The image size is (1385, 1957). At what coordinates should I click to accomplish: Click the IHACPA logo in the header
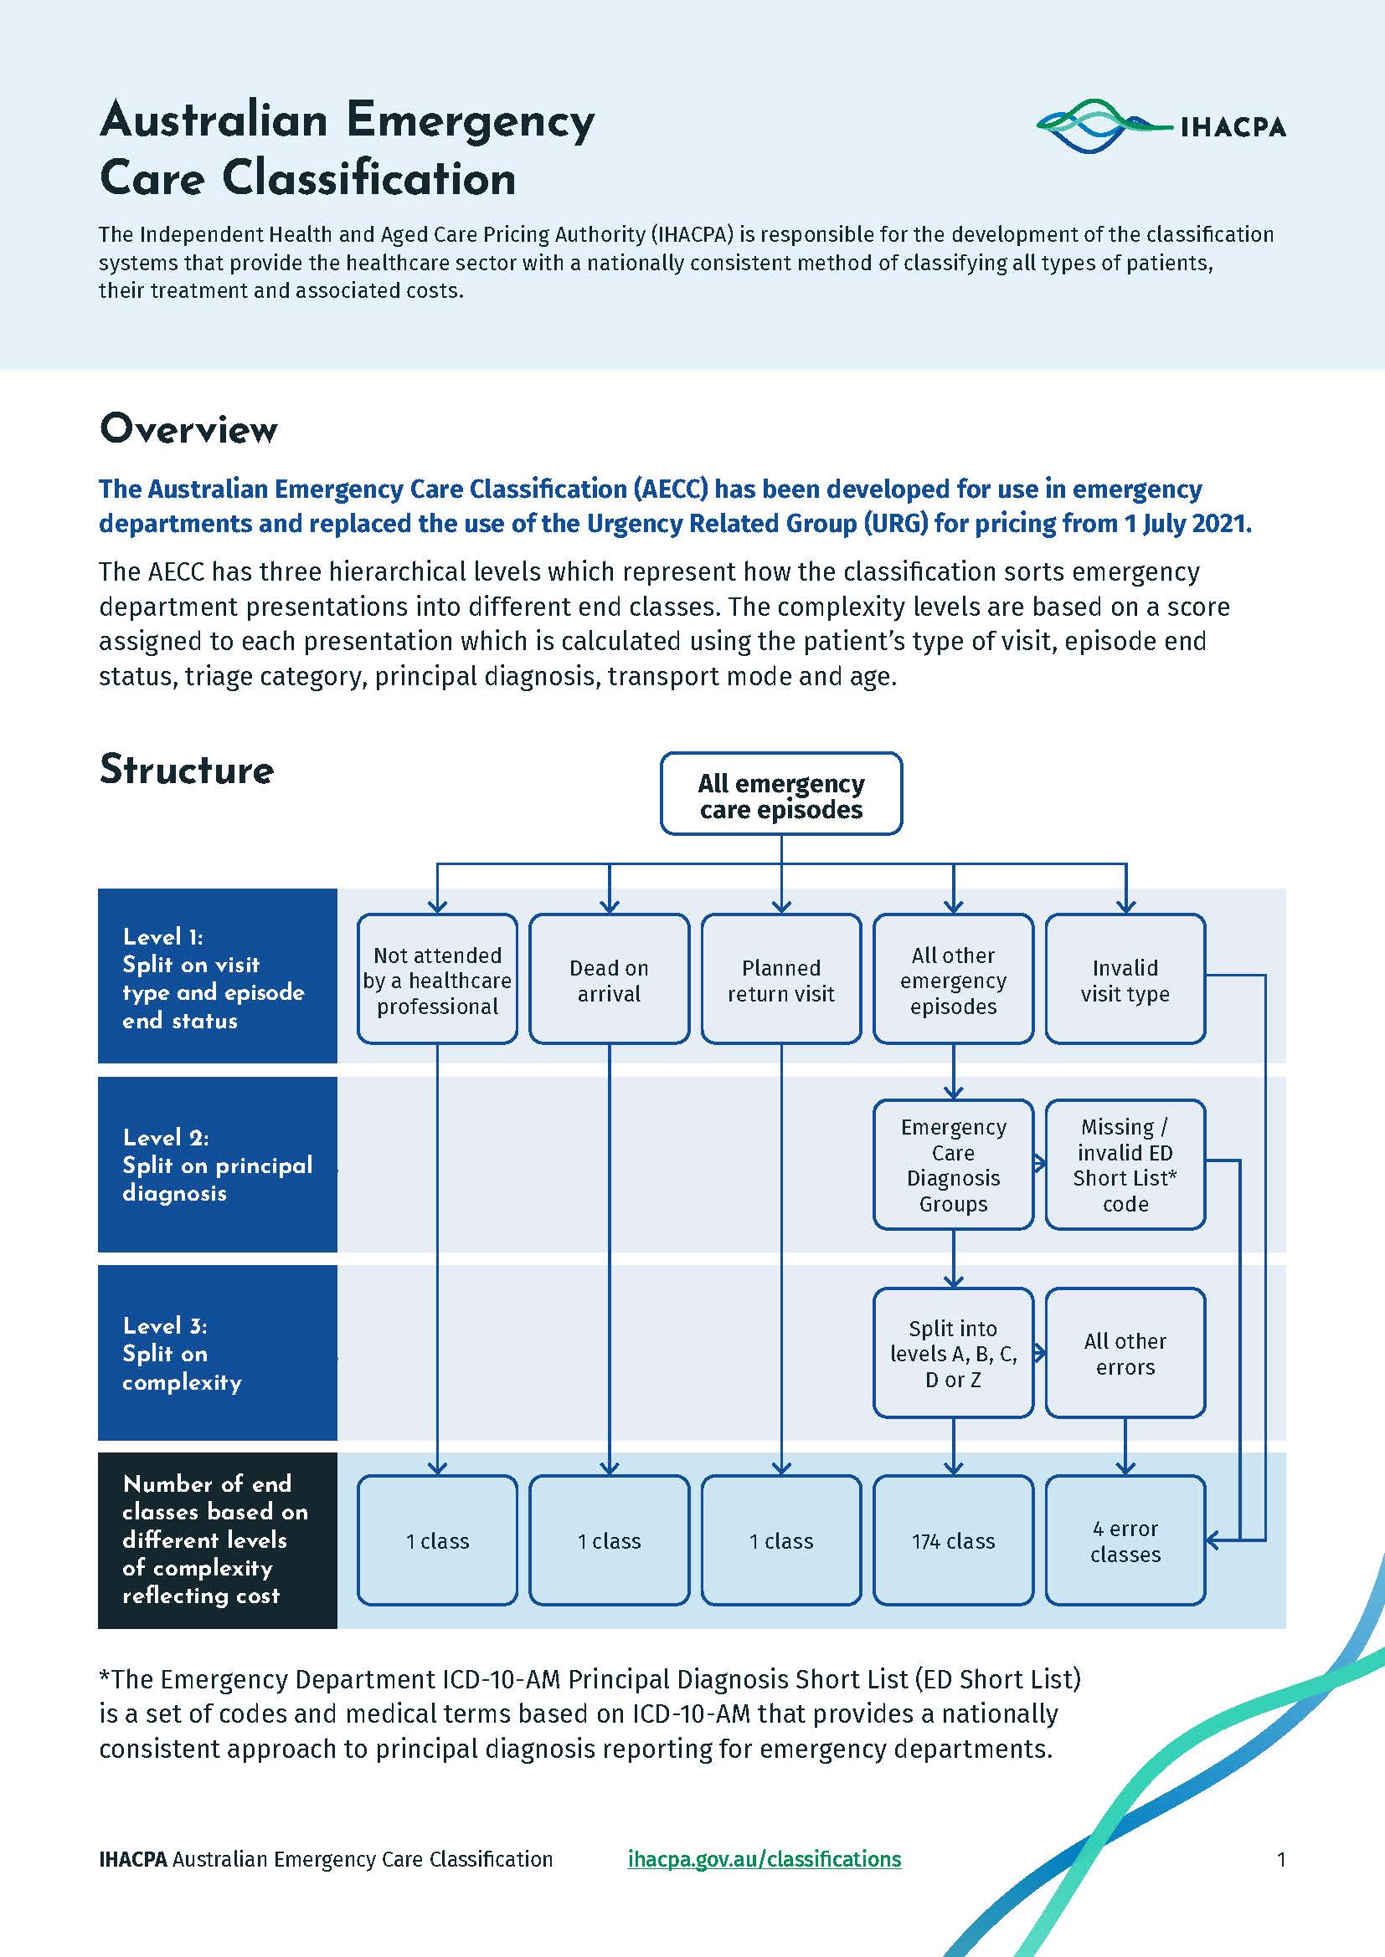pos(1161,126)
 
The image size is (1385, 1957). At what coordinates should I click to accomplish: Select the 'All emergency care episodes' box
pos(781,793)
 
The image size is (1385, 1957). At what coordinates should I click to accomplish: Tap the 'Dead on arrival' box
pos(609,980)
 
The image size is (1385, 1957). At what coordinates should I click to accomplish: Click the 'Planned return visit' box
pos(781,980)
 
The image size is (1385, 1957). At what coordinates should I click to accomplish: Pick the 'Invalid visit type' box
pos(1125,980)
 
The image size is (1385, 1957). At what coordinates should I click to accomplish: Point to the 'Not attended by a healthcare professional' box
pos(437,980)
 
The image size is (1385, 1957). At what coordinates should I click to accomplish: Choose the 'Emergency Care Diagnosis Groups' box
pos(954,1165)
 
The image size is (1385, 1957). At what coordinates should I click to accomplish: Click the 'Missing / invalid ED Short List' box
pos(1125,1165)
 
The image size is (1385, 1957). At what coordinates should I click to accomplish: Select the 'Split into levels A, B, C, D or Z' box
pos(954,1353)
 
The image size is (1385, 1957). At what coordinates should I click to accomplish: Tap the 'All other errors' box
pos(1125,1353)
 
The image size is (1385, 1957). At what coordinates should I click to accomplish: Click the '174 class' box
pos(954,1540)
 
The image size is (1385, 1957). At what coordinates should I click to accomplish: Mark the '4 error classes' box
pos(1125,1540)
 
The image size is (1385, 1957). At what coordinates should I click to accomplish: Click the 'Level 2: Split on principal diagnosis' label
pos(218,1165)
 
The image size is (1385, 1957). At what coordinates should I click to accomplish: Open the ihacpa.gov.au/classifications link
pos(765,1859)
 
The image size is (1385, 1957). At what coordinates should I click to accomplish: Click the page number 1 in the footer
pos(1281,1859)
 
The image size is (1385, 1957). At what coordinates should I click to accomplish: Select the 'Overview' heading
pos(188,428)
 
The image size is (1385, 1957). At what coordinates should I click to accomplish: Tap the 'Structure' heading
pos(187,769)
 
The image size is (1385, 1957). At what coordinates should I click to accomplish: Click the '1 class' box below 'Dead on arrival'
pos(609,1540)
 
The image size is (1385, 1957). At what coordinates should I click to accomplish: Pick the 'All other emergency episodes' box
pos(954,980)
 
